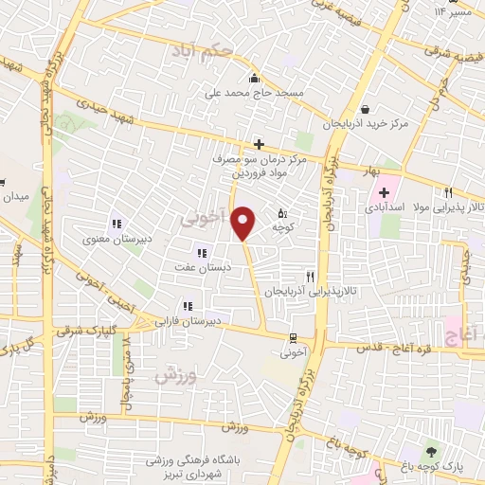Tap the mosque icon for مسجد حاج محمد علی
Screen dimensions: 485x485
point(253,80)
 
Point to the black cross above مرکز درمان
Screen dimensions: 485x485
point(259,144)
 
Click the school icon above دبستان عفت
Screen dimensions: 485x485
point(201,251)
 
